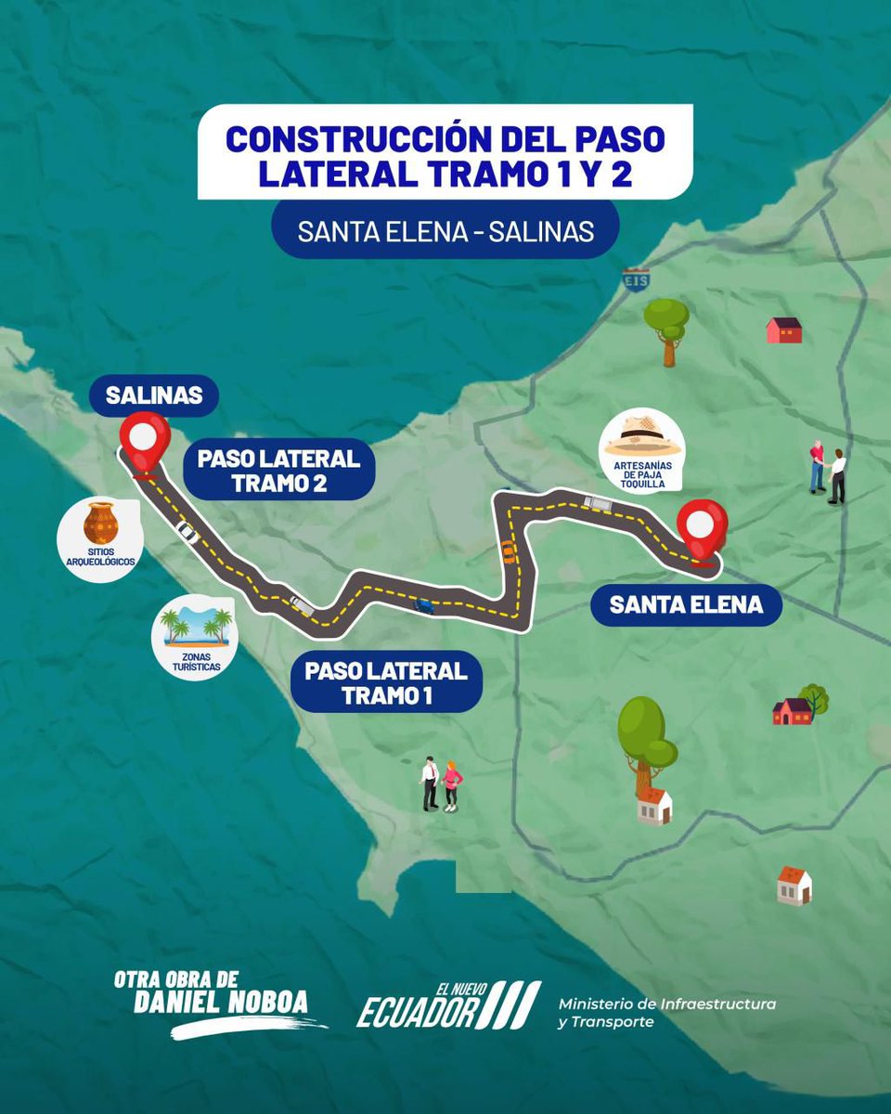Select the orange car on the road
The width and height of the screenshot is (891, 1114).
pyautogui.click(x=508, y=550)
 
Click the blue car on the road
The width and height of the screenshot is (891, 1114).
pyautogui.click(x=423, y=605)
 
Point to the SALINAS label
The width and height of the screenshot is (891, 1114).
pyautogui.click(x=154, y=395)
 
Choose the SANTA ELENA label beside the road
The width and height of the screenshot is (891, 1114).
pyautogui.click(x=686, y=605)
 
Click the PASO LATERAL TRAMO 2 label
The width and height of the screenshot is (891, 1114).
pyautogui.click(x=278, y=471)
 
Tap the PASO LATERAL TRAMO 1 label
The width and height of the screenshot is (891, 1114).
pyautogui.click(x=386, y=683)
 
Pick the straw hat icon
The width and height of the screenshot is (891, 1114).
pyautogui.click(x=643, y=435)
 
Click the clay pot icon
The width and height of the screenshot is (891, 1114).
pyautogui.click(x=100, y=523)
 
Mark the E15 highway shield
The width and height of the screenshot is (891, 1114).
pyautogui.click(x=635, y=280)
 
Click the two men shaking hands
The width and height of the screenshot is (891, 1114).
pyautogui.click(x=827, y=471)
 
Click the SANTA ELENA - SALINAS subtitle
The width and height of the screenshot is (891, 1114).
pyautogui.click(x=445, y=231)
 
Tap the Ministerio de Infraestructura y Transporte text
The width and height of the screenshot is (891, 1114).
pyautogui.click(x=666, y=1012)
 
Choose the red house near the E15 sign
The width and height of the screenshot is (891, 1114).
pyautogui.click(x=784, y=330)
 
